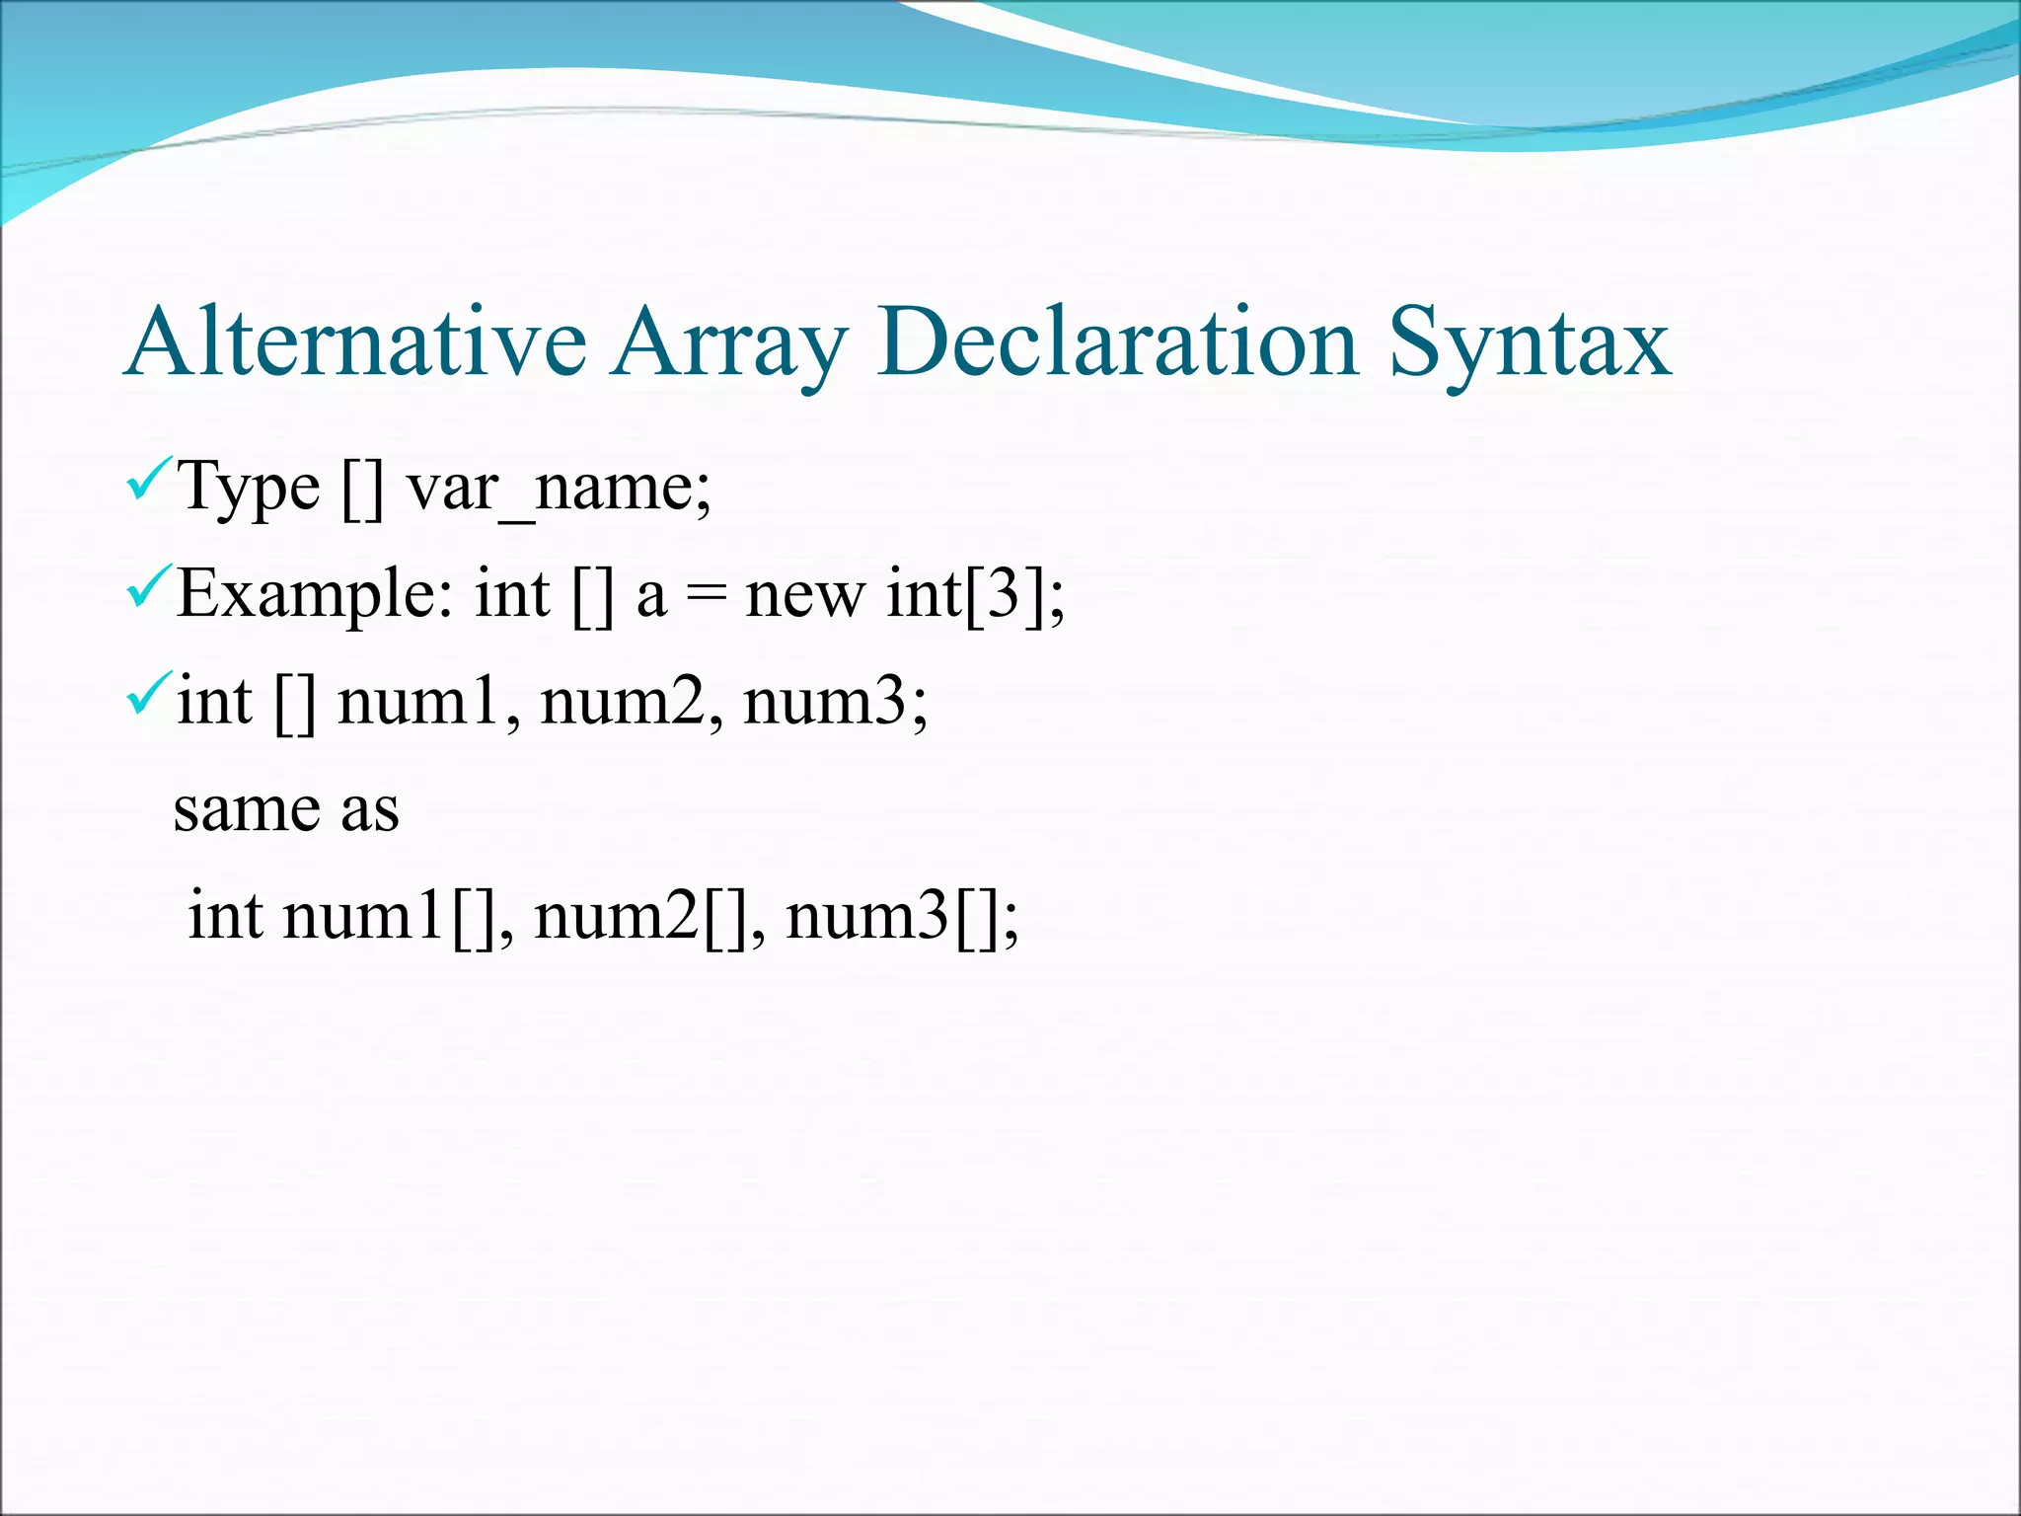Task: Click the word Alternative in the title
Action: click(x=356, y=342)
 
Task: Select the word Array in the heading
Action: click(x=729, y=345)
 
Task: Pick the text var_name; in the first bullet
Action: click(x=559, y=488)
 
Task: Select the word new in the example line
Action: click(x=805, y=596)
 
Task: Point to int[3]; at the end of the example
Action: click(x=976, y=596)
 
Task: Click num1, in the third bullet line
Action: click(x=429, y=703)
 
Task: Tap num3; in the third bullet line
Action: click(x=836, y=703)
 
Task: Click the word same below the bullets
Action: click(x=247, y=810)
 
